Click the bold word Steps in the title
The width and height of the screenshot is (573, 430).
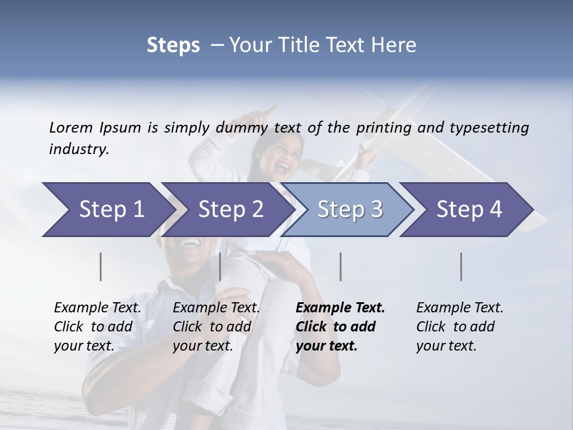pos(173,45)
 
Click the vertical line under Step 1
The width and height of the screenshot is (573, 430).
pos(101,266)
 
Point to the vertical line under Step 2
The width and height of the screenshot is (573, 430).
pos(220,266)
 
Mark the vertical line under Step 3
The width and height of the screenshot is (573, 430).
pos(340,266)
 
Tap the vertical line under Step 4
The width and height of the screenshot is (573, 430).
pos(461,266)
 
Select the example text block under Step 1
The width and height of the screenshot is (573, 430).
pos(97,327)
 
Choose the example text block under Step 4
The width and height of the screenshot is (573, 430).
pos(460,327)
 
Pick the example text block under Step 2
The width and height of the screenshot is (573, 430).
pos(216,327)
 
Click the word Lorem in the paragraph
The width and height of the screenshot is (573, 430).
pos(71,127)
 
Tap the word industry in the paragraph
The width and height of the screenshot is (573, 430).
pos(79,149)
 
